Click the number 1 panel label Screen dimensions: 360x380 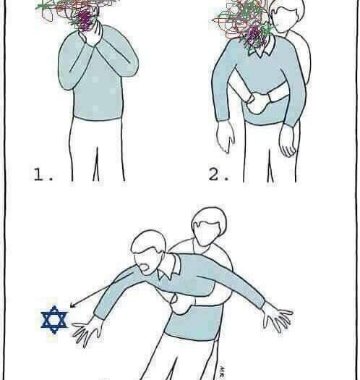[43, 174]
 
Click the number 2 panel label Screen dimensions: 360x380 [218, 174]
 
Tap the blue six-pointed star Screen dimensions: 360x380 [54, 320]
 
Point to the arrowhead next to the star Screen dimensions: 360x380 [72, 305]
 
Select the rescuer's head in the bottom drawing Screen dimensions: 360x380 [209, 226]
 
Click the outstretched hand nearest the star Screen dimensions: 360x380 [86, 332]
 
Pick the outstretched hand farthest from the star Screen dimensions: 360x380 [277, 316]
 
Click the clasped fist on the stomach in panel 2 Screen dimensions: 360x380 [257, 103]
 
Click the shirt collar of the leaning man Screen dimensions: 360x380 [169, 266]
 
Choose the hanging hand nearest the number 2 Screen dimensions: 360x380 [225, 137]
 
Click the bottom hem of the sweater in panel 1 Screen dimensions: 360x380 [98, 119]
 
